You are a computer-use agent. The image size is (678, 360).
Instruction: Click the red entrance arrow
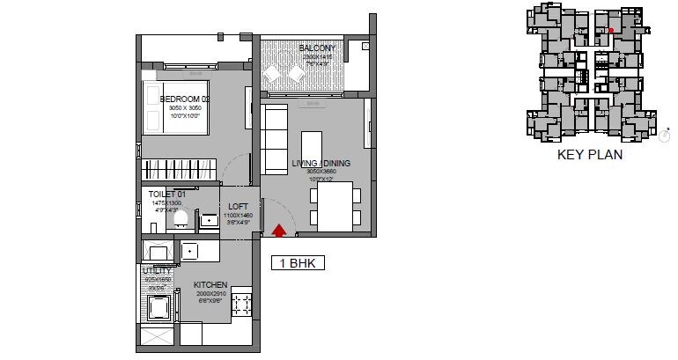[x=279, y=231]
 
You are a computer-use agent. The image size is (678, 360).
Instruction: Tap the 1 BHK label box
[x=297, y=262]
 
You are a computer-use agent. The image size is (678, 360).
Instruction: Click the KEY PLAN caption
[x=590, y=155]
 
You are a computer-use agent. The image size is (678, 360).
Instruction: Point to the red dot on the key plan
[x=611, y=30]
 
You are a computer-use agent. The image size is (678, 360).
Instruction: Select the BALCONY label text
[x=316, y=48]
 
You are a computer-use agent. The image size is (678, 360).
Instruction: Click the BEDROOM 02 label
[x=184, y=99]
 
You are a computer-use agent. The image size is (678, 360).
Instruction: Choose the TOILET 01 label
[x=166, y=194]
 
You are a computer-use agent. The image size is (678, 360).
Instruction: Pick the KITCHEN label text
[x=210, y=284]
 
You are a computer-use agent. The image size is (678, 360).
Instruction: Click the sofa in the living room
[x=273, y=141]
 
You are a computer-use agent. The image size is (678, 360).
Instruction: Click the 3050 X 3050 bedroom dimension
[x=186, y=108]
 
